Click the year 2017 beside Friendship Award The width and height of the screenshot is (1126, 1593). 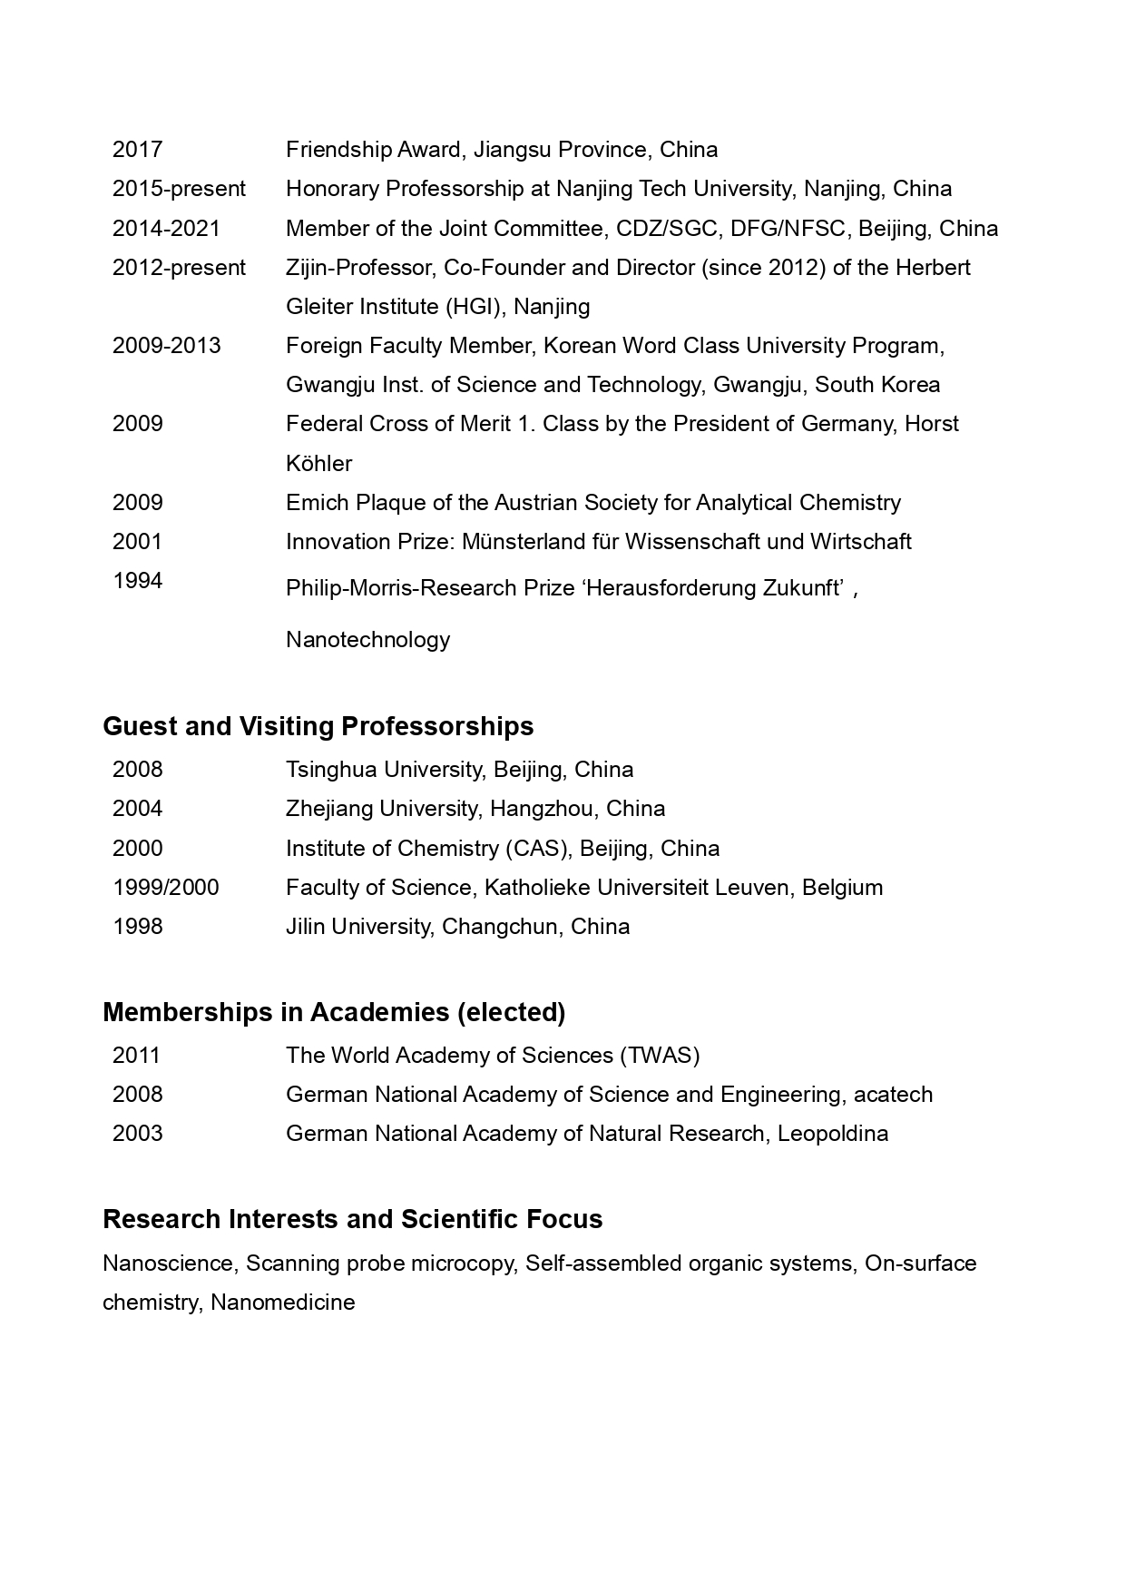137,150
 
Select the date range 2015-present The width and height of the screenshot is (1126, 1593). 179,189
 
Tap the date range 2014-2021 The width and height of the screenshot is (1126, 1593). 166,229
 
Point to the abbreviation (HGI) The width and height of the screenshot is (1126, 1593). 477,307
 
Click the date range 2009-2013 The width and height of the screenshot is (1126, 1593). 166,346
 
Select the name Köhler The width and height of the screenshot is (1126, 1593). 318,464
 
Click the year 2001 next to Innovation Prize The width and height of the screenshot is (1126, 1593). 137,542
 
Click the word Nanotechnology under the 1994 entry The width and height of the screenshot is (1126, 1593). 367,640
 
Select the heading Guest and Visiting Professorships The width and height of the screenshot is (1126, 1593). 318,726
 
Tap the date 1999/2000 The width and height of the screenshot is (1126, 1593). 165,888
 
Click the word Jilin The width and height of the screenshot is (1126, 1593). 306,927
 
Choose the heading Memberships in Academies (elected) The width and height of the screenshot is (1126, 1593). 334,1012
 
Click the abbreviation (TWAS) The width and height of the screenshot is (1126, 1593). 660,1056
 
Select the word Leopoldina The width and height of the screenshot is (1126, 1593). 832,1134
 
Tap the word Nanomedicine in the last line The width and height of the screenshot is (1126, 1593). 282,1303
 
